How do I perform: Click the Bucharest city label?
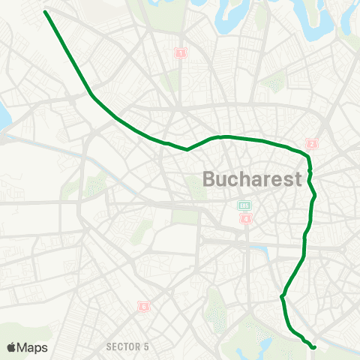point(252,179)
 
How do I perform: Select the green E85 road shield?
point(244,205)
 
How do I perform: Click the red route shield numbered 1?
point(180,52)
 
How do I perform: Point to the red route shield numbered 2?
point(313,144)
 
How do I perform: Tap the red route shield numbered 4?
point(245,218)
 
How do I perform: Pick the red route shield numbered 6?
point(142,306)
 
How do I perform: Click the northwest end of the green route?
point(46,12)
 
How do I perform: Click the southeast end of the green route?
point(313,346)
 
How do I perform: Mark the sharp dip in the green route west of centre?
point(187,148)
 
